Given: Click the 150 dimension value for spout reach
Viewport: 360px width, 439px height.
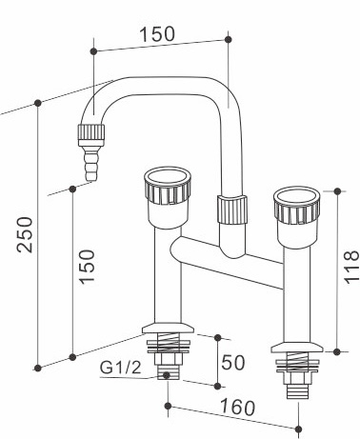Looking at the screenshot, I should click(x=156, y=34).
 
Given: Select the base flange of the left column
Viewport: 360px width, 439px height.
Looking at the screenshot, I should click(x=170, y=329).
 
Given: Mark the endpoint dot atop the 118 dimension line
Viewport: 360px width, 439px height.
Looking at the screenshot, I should click(x=334, y=190).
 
